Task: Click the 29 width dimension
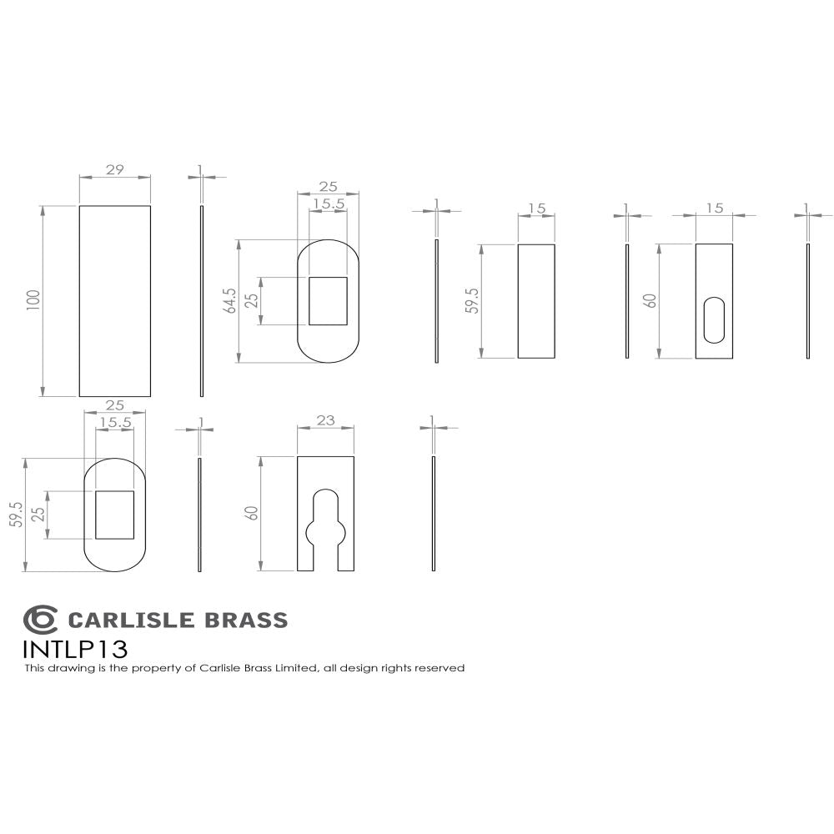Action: point(115,170)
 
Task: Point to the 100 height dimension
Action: point(34,301)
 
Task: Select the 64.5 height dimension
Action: point(230,301)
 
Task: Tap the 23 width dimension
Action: point(325,421)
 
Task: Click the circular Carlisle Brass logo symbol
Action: point(40,620)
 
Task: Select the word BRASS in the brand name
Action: point(246,620)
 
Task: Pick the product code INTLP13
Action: point(76,649)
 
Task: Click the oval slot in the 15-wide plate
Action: point(714,320)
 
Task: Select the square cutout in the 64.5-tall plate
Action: point(328,301)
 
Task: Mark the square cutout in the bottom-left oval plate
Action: point(114,515)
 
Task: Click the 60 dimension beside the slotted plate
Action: point(651,301)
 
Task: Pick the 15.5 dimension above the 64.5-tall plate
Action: point(328,203)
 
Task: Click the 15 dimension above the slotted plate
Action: point(714,208)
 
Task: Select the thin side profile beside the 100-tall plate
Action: point(202,301)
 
